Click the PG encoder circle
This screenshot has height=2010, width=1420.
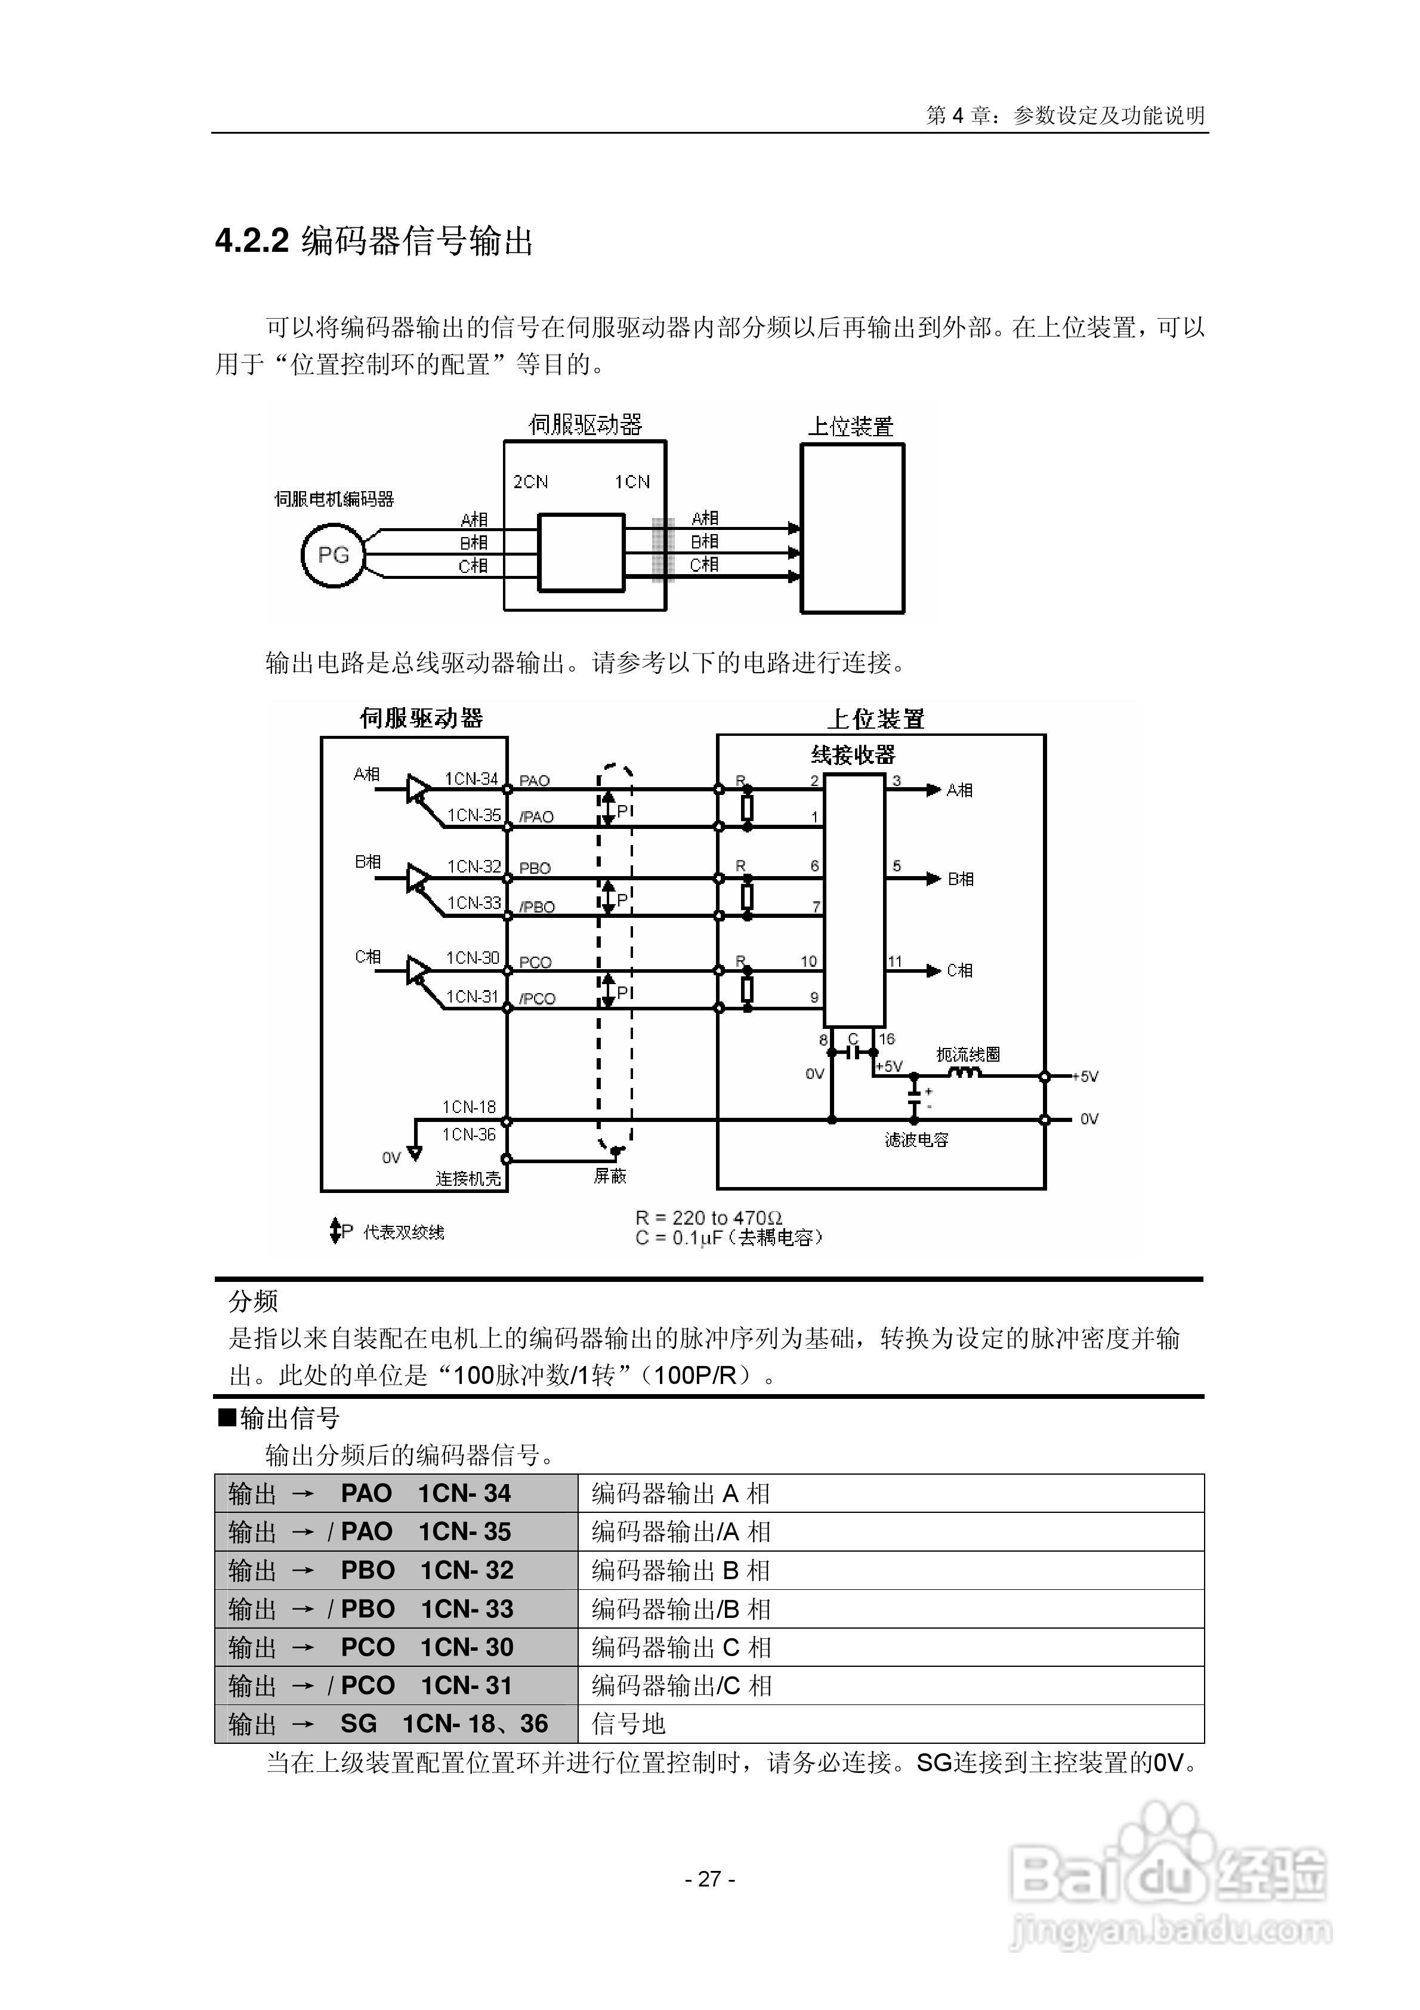(x=333, y=555)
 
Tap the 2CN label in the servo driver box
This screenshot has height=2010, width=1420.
(x=530, y=482)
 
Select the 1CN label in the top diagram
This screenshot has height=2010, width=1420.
(x=632, y=482)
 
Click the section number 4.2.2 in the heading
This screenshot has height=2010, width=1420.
(x=252, y=241)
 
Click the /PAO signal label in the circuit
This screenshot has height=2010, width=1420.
(x=536, y=817)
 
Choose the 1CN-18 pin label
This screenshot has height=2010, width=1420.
(x=468, y=1106)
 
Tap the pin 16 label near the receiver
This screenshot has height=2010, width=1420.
(x=887, y=1039)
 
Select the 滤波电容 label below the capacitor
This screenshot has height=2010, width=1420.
(x=916, y=1140)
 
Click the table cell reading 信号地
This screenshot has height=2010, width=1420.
(x=629, y=1724)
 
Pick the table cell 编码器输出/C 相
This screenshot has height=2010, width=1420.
(x=681, y=1685)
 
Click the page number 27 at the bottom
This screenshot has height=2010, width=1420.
(x=709, y=1879)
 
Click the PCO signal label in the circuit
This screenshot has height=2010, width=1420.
(x=535, y=962)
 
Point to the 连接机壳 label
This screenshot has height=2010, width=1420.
(x=468, y=1178)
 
